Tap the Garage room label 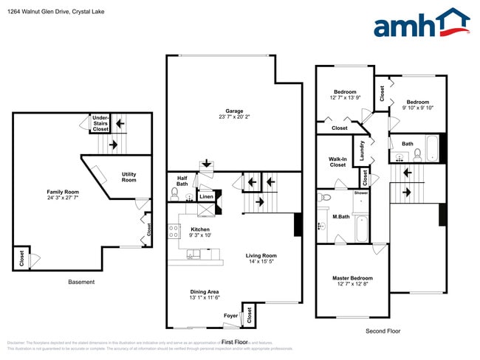(x=234, y=113)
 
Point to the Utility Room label (x=128, y=177)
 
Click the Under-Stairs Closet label (x=100, y=123)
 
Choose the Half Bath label (x=182, y=180)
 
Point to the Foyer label (x=232, y=315)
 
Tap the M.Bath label (x=340, y=216)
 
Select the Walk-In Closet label (x=337, y=161)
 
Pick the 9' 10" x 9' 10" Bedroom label (x=418, y=104)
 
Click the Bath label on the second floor (x=408, y=143)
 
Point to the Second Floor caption (x=383, y=331)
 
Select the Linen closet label (x=206, y=196)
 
